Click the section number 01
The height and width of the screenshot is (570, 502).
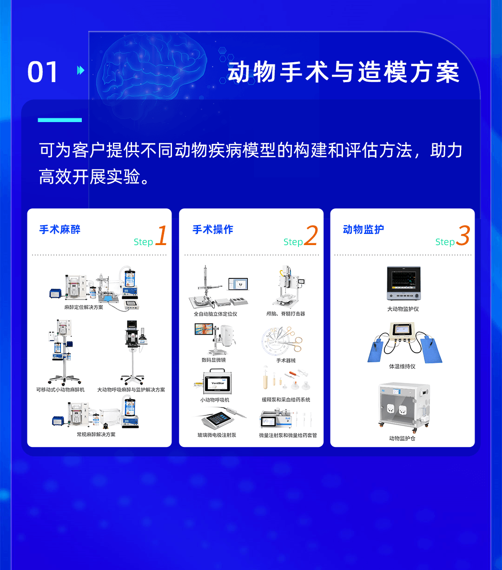[x=43, y=72]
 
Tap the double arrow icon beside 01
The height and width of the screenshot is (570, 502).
[x=81, y=71]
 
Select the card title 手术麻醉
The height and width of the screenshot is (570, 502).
[x=60, y=229]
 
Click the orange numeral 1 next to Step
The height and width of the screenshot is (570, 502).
[x=161, y=236]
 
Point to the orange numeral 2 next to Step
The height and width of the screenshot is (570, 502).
[x=311, y=236]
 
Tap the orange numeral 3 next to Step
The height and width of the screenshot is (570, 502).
[x=463, y=236]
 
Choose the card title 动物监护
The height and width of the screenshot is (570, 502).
[x=363, y=229]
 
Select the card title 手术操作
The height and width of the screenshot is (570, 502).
[x=213, y=229]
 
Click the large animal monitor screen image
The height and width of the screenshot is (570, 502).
[x=403, y=284]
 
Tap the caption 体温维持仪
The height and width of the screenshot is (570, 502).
[x=403, y=366]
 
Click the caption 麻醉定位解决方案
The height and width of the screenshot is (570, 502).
[x=84, y=307]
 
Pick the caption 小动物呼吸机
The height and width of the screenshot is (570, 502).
[x=215, y=400]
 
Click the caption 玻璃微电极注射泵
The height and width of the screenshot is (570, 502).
[x=217, y=435]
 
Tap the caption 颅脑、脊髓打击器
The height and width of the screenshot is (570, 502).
[x=286, y=314]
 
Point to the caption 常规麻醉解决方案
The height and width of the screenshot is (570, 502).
[x=96, y=434]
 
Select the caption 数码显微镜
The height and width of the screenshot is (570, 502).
[x=214, y=360]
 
